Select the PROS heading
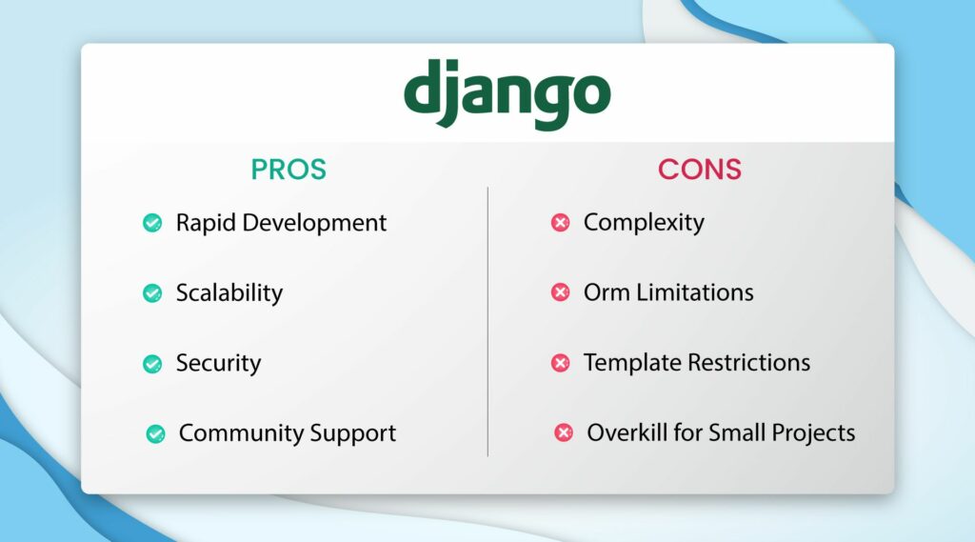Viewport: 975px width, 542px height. tap(289, 170)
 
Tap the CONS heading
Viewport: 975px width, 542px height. tap(699, 170)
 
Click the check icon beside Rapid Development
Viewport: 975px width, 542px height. tap(151, 223)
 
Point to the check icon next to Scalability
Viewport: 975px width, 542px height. tap(151, 293)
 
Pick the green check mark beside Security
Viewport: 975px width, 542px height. tap(151, 364)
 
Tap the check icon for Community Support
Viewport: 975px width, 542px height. tap(154, 433)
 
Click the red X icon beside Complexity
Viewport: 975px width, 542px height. tap(560, 223)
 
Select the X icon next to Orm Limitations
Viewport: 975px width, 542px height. tap(560, 293)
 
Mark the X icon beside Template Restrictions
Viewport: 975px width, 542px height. tap(560, 364)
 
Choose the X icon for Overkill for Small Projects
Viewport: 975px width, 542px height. tap(563, 433)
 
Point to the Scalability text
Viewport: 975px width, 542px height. tap(229, 293)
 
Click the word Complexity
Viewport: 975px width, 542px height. tap(644, 223)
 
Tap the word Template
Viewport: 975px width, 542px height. tap(629, 364)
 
